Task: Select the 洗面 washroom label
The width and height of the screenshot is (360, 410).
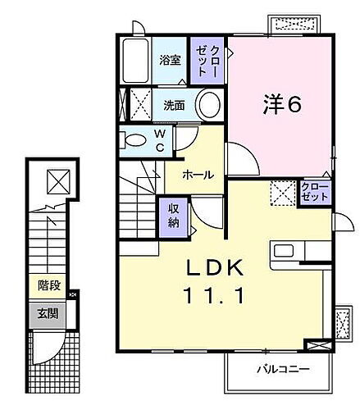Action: pos(173,105)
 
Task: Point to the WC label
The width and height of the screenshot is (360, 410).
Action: pos(161,140)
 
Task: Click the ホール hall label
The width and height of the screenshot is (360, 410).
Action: pos(198,175)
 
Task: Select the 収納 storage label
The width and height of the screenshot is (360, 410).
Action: pos(174,215)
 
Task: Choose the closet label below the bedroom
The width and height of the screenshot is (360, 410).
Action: pos(314,193)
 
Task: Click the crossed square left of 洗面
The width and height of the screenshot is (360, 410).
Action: pos(139,105)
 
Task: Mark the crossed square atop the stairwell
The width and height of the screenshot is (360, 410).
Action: pos(57,179)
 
